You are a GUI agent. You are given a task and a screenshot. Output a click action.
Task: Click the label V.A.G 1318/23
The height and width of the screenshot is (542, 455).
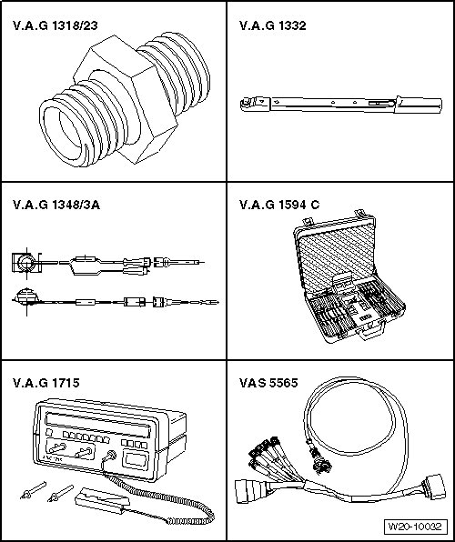coord(56,25)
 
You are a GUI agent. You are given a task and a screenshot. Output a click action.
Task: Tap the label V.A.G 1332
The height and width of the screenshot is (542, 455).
coord(273,25)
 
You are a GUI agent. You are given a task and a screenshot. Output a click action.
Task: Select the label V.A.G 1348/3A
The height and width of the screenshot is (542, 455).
coord(56,205)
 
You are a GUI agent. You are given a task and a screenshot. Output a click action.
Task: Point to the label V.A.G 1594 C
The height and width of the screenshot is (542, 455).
coord(279,205)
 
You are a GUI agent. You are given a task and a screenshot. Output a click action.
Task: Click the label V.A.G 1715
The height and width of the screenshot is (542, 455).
coord(46,383)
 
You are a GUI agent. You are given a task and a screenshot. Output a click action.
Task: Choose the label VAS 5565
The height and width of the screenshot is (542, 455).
coord(268,383)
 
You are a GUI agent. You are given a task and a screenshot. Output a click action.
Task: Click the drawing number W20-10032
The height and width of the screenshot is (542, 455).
coord(415,527)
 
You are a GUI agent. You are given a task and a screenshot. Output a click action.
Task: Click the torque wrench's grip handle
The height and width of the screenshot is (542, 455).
coord(419,105)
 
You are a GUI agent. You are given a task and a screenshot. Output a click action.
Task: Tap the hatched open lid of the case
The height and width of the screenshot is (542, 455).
coord(335,256)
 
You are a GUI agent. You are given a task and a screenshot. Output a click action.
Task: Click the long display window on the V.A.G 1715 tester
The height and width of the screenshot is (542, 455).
coord(98,424)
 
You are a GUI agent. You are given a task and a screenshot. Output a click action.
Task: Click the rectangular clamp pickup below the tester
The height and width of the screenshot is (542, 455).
coord(103,500)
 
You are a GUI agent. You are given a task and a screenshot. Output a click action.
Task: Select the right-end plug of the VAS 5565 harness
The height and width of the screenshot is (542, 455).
coord(433,487)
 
